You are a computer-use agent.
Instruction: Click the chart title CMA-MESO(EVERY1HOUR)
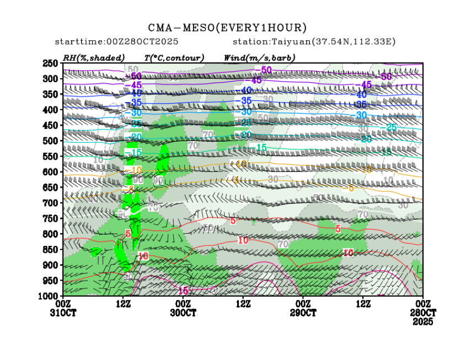coord(227,28)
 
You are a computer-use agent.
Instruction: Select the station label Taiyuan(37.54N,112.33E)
coord(314,42)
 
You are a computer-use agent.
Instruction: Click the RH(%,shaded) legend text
coord(94,57)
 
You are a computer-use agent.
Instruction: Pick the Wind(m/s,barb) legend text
coord(259,57)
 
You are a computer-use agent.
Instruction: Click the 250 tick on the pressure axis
coord(51,63)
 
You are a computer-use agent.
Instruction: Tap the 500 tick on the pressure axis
coord(51,141)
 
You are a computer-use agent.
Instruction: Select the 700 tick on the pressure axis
coord(51,203)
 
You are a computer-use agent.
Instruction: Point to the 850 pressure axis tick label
coord(51,250)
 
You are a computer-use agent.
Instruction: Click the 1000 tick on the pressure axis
coord(49,296)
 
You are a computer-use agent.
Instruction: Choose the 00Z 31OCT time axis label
coord(63,308)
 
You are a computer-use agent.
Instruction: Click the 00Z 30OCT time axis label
coord(183,308)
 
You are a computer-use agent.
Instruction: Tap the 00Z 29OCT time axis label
coord(303,308)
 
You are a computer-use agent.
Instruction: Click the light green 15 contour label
coord(261,147)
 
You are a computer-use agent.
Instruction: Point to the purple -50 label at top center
coord(266,69)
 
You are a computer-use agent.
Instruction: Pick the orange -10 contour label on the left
coord(136,170)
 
